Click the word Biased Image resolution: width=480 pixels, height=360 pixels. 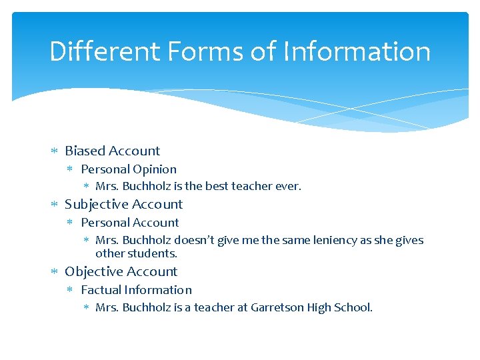click(x=86, y=151)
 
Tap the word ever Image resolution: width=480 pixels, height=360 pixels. click(x=288, y=187)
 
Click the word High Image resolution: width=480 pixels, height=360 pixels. click(x=322, y=307)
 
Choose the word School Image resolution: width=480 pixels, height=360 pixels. click(x=355, y=307)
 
